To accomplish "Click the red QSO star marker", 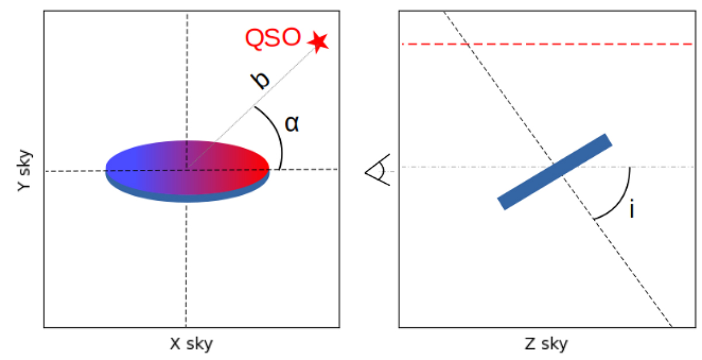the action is [318, 42].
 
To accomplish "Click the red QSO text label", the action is [273, 38].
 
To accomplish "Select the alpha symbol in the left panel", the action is [292, 124].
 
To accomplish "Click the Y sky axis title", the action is [24, 170].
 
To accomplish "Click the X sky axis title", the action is [191, 344].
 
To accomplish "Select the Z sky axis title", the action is [546, 344].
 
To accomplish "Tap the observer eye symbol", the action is [378, 170].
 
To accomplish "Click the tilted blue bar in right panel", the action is [555, 172].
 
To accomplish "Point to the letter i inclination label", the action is [632, 208].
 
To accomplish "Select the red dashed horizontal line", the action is [547, 44].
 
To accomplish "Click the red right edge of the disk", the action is [266, 167].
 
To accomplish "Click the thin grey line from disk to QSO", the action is [252, 108].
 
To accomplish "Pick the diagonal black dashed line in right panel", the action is [558, 169].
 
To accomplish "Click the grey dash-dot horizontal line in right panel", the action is [547, 167].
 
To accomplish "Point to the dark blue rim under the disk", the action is [187, 198].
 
